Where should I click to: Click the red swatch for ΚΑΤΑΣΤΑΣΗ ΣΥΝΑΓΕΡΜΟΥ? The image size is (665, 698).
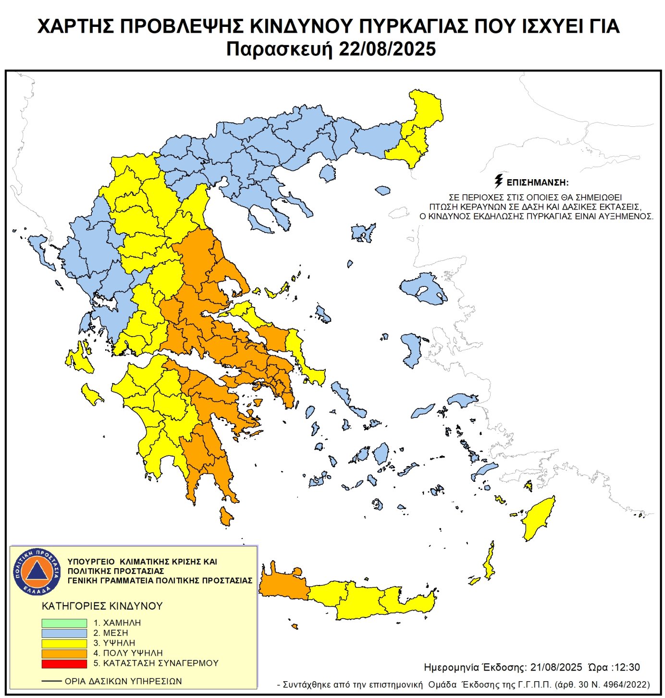(x=64, y=663)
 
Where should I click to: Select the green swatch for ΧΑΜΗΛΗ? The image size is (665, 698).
(x=64, y=623)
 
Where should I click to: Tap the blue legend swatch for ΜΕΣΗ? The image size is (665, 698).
(x=64, y=633)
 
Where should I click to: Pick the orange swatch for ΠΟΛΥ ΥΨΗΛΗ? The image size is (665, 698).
(x=64, y=653)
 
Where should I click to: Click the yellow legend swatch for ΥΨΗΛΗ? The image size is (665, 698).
(x=64, y=643)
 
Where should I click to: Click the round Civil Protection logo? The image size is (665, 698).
(x=37, y=571)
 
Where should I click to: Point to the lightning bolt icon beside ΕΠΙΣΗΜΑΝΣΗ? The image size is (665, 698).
(x=498, y=181)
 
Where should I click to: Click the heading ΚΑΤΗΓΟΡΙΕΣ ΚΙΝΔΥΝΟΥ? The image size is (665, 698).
(x=102, y=606)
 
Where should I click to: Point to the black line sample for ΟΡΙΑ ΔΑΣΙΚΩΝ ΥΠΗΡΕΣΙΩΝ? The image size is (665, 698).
(x=51, y=681)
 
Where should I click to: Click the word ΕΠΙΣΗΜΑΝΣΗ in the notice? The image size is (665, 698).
(x=537, y=183)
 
